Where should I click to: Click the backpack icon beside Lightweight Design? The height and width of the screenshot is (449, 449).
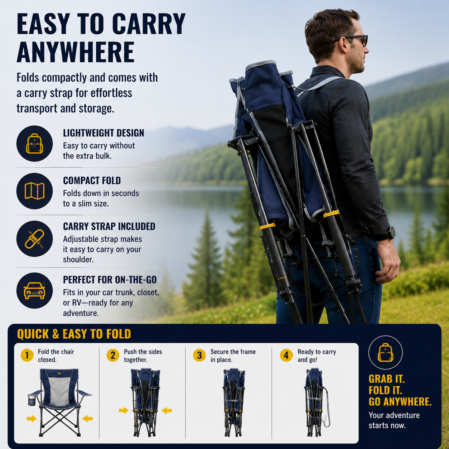click(34, 144)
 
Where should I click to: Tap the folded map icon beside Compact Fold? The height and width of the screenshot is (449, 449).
click(34, 191)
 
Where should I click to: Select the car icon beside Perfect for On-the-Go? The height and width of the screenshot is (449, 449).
click(34, 290)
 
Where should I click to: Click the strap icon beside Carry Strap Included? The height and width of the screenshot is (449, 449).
click(34, 239)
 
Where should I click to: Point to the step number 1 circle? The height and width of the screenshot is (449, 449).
click(27, 355)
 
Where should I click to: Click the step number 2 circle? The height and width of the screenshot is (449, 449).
click(113, 355)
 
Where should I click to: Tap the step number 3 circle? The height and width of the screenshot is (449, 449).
click(199, 355)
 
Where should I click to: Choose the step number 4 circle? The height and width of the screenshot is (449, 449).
click(286, 355)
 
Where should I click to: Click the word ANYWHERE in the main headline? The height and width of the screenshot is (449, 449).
click(76, 52)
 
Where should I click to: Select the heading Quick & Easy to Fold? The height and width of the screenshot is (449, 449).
click(74, 334)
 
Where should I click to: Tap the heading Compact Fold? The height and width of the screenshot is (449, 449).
click(92, 180)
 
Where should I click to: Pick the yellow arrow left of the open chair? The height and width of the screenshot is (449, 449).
click(32, 419)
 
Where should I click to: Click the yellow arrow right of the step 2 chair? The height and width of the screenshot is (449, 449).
click(167, 410)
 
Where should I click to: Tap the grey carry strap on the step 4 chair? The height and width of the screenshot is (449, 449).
click(327, 407)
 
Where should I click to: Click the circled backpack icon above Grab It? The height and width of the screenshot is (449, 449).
click(385, 353)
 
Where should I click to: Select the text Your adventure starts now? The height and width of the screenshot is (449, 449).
click(394, 420)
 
